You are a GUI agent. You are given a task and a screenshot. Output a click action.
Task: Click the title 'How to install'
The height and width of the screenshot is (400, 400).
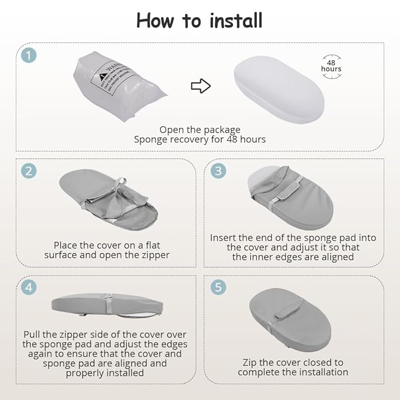click(199, 21)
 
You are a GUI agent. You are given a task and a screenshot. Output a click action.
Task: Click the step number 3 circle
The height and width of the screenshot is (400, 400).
click(219, 171)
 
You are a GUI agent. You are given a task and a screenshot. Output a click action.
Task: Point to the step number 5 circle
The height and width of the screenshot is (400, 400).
click(219, 287)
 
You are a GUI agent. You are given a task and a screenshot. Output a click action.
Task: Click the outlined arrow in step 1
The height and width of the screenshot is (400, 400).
click(201, 87)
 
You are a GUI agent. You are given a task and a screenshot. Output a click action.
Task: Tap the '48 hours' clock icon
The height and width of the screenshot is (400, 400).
click(331, 65)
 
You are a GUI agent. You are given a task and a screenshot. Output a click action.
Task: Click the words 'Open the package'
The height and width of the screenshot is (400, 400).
click(200, 130)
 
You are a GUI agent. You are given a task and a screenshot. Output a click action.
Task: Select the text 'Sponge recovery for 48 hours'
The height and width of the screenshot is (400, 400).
click(200, 140)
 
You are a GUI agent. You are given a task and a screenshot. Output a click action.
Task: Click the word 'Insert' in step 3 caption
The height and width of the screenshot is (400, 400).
click(224, 238)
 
